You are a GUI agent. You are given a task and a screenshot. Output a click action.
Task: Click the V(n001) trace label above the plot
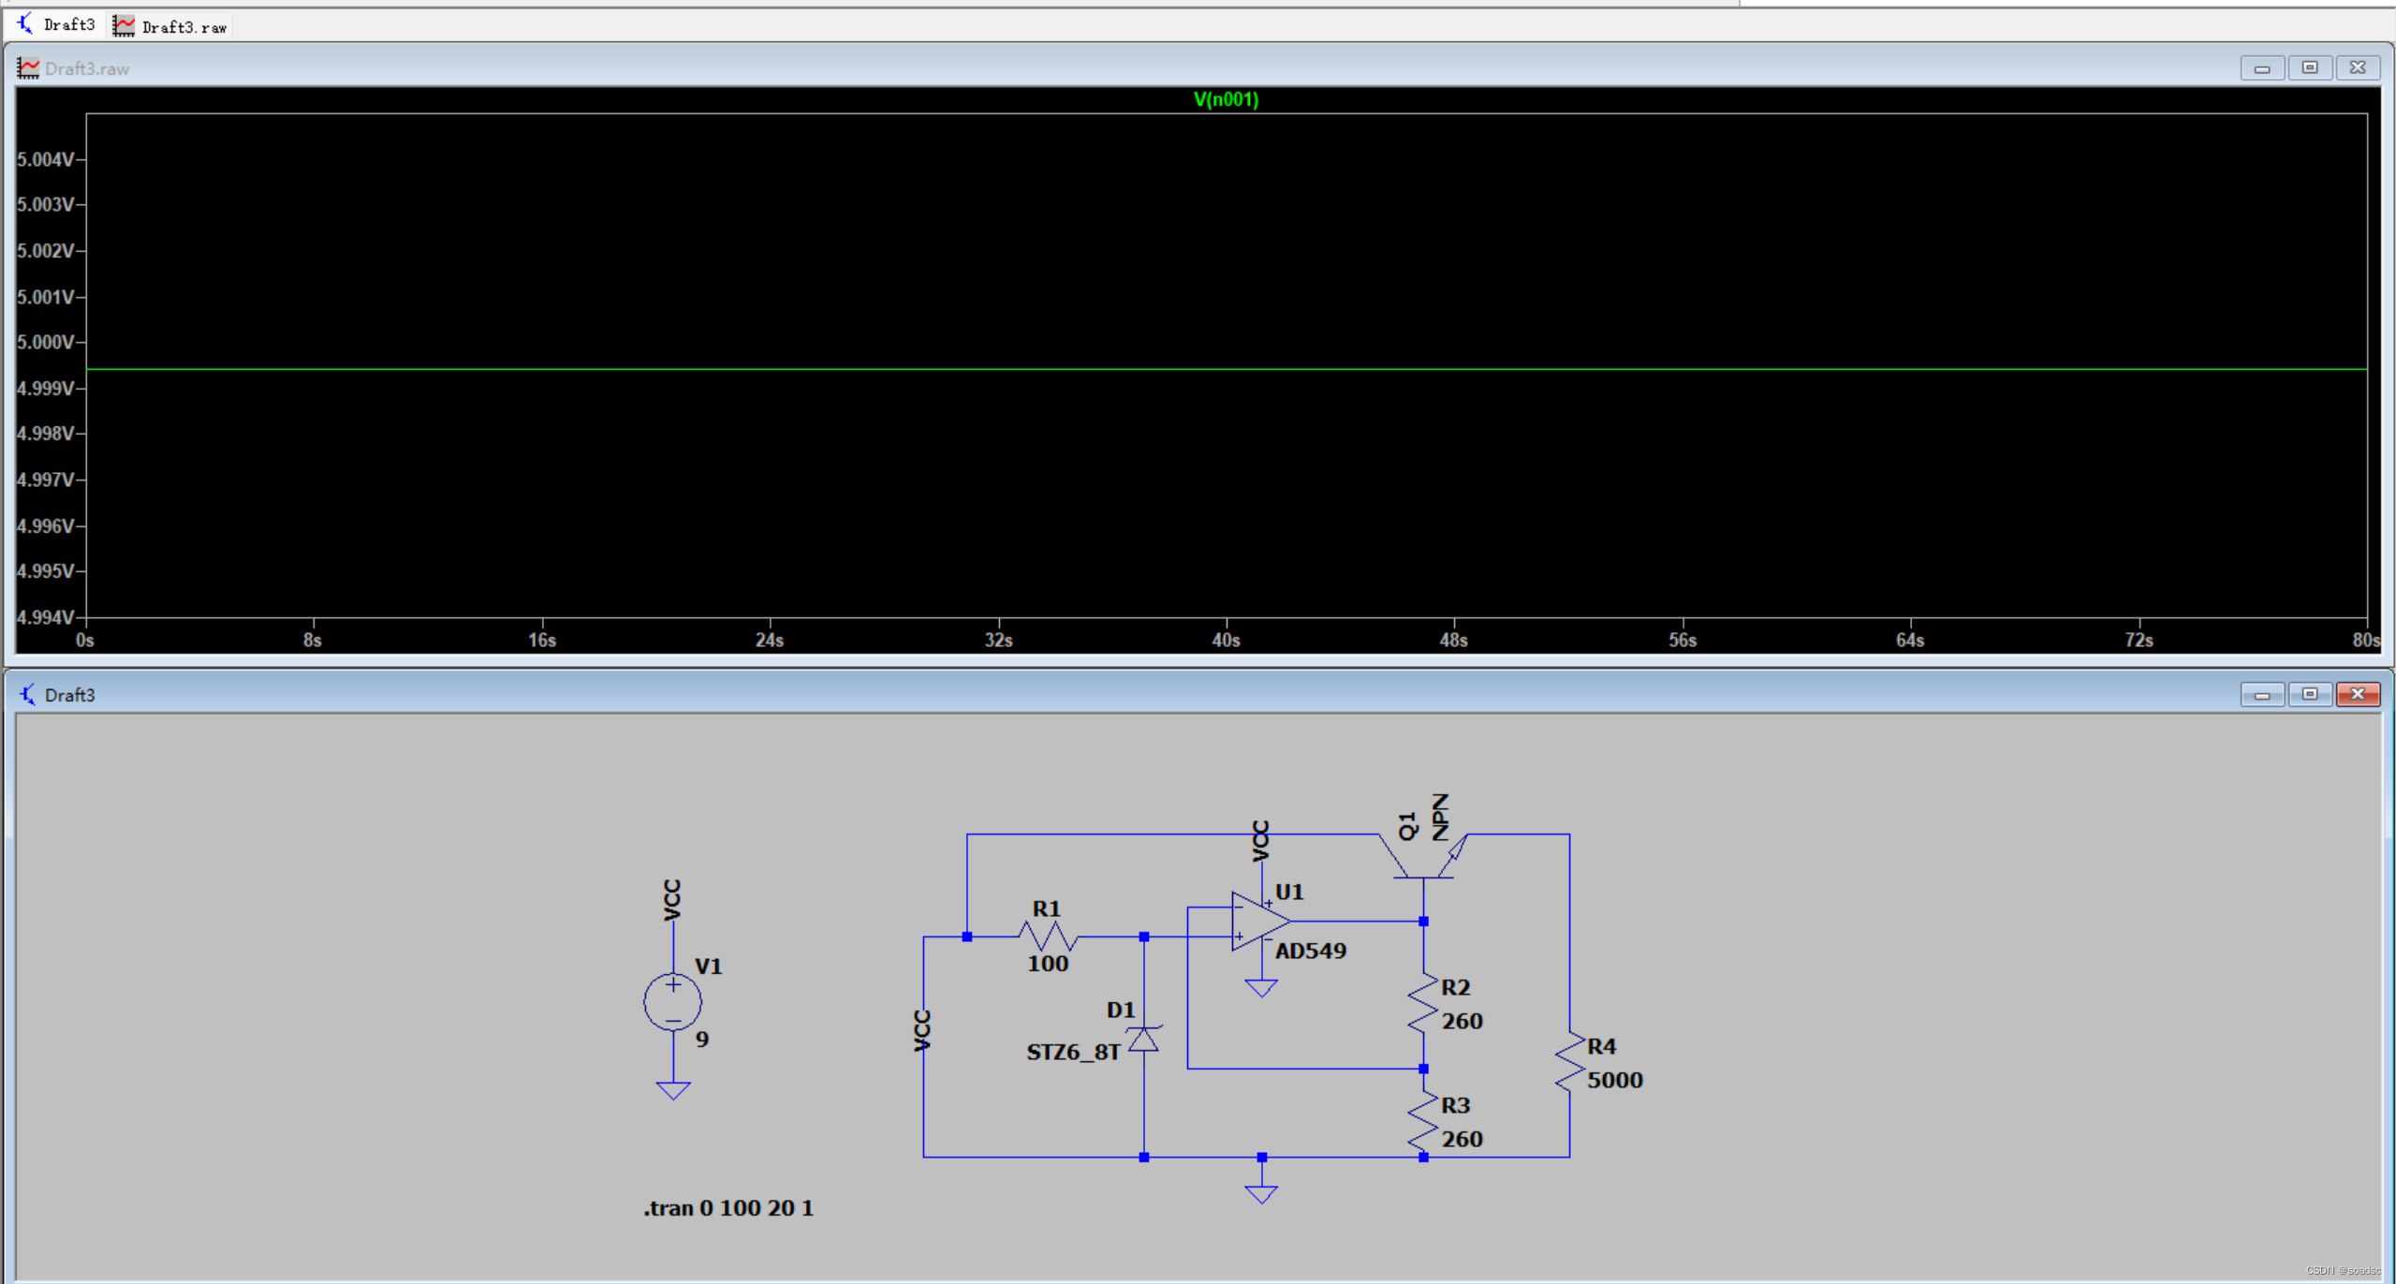point(1226,99)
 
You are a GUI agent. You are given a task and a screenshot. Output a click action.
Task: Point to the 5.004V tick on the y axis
point(46,159)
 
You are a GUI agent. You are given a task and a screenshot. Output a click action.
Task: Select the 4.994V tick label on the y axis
point(46,616)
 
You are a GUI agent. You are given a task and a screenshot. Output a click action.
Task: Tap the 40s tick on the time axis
point(1226,640)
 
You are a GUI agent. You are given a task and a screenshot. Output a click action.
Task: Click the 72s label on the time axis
point(2139,640)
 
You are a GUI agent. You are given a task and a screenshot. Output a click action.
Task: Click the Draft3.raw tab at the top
point(172,26)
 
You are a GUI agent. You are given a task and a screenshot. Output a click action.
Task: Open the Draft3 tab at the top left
point(56,24)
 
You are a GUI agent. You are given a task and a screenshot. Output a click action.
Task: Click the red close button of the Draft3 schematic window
point(2358,694)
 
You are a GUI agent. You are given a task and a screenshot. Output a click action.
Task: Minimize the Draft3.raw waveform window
point(2262,68)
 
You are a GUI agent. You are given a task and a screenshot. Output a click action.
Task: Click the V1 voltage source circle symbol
point(672,1002)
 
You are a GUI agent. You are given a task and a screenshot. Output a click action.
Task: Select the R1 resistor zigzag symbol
point(1048,936)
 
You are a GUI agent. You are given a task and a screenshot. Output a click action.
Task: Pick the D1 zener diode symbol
point(1143,1038)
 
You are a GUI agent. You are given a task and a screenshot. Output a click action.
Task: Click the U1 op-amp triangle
point(1259,921)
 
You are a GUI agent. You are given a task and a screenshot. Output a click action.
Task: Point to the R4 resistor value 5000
point(1614,1080)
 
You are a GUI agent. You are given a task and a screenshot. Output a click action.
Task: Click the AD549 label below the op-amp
point(1310,951)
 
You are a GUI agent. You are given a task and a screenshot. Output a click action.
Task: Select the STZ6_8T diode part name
point(1073,1052)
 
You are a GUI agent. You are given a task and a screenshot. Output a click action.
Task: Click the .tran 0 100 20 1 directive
point(728,1208)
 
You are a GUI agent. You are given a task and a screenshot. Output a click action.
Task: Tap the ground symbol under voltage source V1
point(672,1090)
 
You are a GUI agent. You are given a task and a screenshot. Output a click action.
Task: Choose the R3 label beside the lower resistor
point(1455,1105)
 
